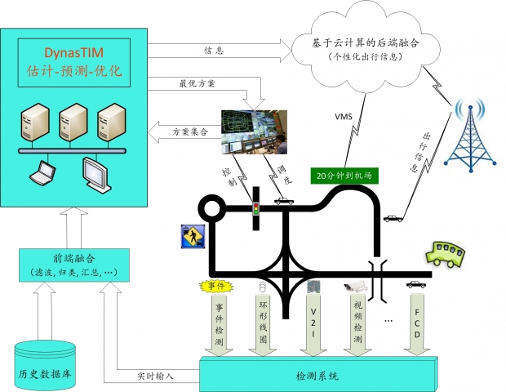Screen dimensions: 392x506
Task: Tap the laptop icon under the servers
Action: point(41,171)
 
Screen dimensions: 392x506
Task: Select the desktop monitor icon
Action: point(97,171)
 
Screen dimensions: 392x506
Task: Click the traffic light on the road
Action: point(255,209)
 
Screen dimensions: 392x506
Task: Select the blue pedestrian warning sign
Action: point(191,238)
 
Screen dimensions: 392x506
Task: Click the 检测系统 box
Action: point(316,376)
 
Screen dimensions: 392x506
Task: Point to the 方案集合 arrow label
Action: point(189,131)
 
